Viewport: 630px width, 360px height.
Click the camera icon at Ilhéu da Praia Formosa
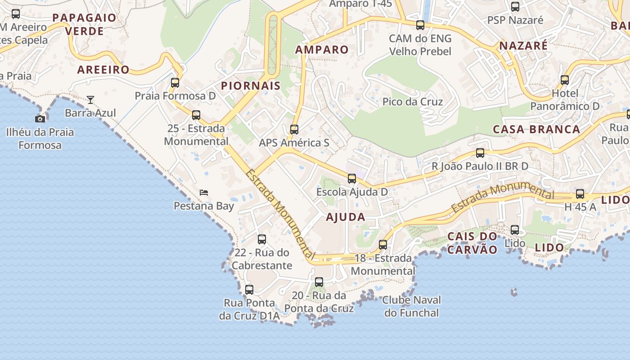click(40, 119)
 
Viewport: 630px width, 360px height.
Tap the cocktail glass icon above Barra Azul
click(90, 99)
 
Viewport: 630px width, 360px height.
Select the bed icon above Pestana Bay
click(204, 193)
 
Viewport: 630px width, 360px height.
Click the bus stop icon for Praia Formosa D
click(175, 83)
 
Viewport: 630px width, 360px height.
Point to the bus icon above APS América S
click(294, 130)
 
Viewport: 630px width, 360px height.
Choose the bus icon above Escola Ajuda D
click(352, 179)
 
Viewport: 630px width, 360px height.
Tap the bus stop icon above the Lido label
click(515, 230)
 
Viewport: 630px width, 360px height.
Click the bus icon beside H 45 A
click(580, 194)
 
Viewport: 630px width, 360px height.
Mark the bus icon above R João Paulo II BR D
click(480, 153)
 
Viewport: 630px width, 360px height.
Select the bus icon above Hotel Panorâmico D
click(565, 80)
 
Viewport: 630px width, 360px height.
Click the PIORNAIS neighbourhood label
click(251, 85)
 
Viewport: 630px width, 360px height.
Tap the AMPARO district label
click(322, 49)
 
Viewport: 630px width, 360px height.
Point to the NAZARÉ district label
click(523, 45)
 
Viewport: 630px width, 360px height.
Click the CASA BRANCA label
click(536, 129)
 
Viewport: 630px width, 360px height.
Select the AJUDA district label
click(345, 217)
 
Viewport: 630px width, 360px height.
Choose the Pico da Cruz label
click(413, 102)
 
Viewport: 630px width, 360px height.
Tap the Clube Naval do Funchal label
click(411, 306)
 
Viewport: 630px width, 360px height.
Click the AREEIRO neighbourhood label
click(103, 70)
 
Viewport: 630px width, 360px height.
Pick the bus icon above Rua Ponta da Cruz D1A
click(249, 290)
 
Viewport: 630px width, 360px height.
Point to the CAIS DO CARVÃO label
click(472, 243)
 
